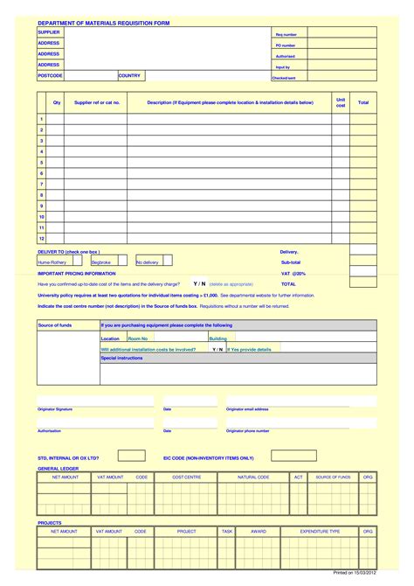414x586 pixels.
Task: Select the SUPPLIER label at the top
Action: [49, 31]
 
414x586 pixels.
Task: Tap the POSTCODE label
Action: [50, 75]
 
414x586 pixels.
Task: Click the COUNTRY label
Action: [129, 75]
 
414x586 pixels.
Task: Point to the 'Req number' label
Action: [286, 34]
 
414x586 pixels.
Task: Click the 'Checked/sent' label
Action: [284, 78]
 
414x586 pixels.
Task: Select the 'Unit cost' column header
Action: [341, 102]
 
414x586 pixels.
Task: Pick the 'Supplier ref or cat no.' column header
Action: [96, 102]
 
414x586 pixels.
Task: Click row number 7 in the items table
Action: [41, 184]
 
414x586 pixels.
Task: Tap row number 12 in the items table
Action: [41, 238]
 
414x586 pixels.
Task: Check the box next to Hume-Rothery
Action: [78, 261]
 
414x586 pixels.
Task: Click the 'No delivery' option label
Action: [148, 262]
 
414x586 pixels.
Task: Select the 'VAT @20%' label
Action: [293, 273]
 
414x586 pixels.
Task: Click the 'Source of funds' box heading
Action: [55, 324]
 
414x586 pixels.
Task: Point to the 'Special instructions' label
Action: [121, 358]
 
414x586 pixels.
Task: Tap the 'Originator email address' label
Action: [247, 408]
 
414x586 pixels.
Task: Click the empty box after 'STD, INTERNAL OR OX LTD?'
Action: [131, 456]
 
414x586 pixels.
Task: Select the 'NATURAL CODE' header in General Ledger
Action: [254, 478]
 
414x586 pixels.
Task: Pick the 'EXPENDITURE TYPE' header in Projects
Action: [320, 531]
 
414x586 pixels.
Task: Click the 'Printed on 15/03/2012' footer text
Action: [355, 574]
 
